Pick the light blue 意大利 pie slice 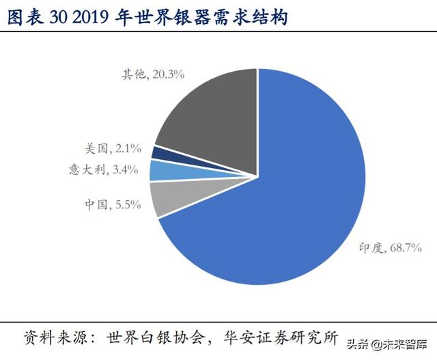pos(161,170)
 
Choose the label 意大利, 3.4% pos(110,169)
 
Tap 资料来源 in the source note pos(55,338)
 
